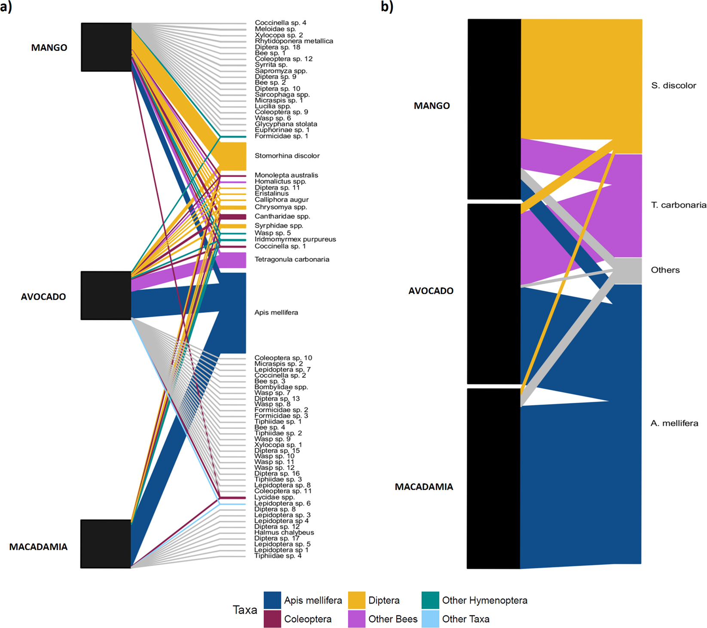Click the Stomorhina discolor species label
point(287,156)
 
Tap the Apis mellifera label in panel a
point(276,312)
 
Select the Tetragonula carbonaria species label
point(292,259)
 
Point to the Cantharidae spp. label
point(282,216)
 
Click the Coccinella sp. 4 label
point(280,23)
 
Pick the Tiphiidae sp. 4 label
point(278,556)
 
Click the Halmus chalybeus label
point(284,532)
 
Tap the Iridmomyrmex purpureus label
point(295,239)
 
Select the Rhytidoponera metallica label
point(294,41)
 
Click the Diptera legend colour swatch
point(356,600)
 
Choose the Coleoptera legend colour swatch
point(272,619)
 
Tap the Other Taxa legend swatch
point(430,619)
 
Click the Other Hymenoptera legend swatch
point(430,600)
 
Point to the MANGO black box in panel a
point(106,47)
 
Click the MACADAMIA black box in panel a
point(106,544)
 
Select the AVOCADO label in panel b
point(431,291)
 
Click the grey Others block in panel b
point(627,271)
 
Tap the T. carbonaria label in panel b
point(678,205)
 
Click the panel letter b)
point(387,6)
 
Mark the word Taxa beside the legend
point(245,610)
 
